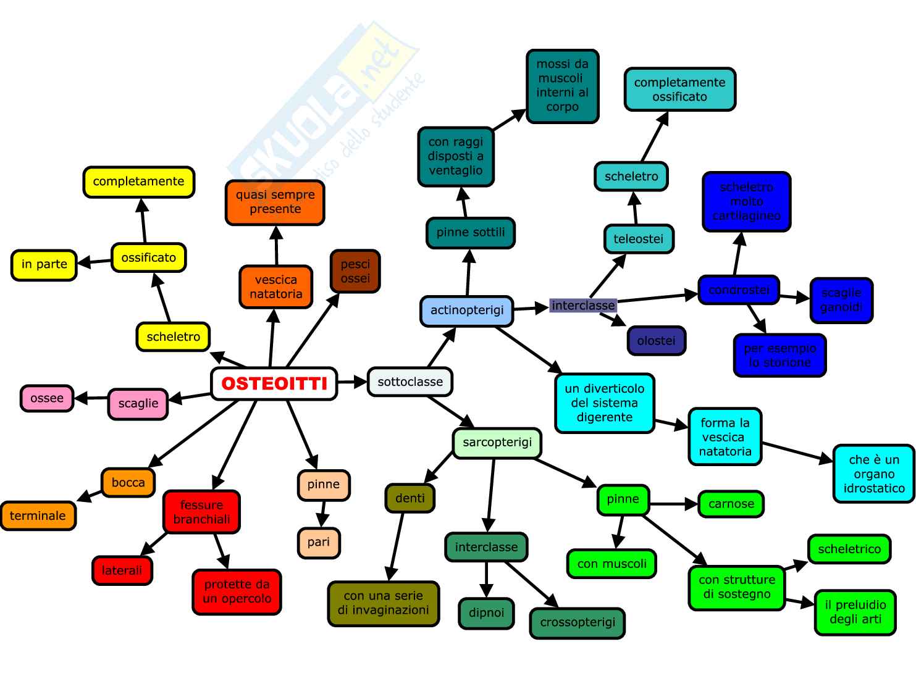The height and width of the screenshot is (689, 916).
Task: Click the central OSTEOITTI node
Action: (274, 383)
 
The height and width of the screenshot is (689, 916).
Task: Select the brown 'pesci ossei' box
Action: (355, 271)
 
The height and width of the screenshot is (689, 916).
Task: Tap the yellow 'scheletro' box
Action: (173, 336)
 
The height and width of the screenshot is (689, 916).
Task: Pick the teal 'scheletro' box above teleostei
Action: (631, 177)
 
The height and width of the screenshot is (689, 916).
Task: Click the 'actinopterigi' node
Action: (467, 311)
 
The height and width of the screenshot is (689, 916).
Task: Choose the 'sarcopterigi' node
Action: (497, 443)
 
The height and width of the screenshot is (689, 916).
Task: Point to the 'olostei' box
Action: (656, 341)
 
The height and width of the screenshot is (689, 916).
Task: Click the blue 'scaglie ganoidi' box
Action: (841, 300)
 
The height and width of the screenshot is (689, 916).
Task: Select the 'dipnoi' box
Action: (486, 613)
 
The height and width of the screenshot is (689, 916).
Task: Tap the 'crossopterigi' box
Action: (578, 622)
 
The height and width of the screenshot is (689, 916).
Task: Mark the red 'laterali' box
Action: (122, 570)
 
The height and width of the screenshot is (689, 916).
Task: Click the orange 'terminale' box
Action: (38, 516)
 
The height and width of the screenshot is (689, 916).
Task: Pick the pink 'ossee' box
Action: (47, 398)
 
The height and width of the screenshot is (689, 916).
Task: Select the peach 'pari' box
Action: (319, 542)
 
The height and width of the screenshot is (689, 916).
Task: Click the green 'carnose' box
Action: (731, 504)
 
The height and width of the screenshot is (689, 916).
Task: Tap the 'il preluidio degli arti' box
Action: (855, 612)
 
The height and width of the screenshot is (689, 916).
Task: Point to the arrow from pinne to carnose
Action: (673, 504)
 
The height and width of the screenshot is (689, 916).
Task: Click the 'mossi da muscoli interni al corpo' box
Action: (562, 86)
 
